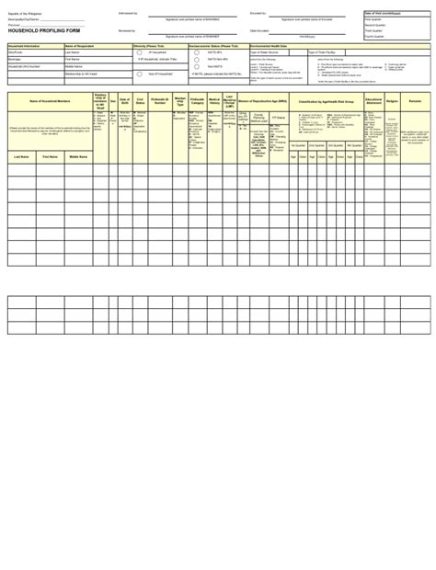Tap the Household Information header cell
tap(25, 45)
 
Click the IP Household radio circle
tap(140, 52)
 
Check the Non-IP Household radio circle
tap(140, 73)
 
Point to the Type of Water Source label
tap(267, 53)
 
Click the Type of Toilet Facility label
tap(326, 53)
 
